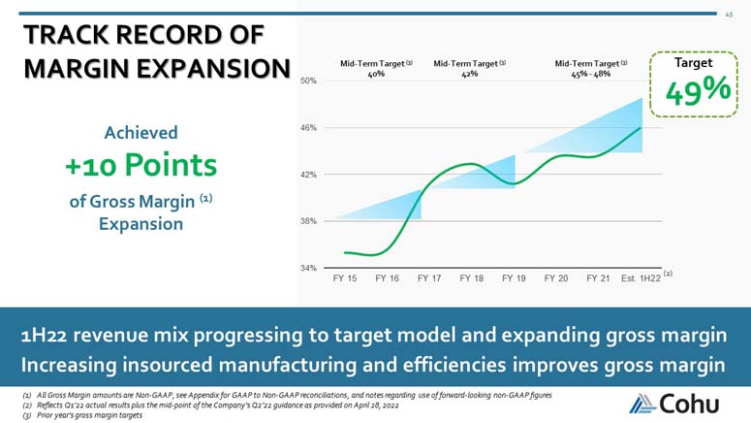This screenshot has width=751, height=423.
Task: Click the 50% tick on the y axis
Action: click(307, 81)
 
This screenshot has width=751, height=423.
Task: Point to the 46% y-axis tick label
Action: click(307, 128)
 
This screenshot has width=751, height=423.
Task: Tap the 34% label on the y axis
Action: click(307, 268)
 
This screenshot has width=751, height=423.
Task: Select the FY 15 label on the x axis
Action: click(345, 278)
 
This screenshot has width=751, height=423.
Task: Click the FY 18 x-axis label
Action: click(472, 278)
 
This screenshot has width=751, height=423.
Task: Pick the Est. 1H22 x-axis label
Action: click(641, 278)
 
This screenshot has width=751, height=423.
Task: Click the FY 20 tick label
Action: click(556, 278)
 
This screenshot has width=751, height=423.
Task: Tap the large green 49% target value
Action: click(698, 92)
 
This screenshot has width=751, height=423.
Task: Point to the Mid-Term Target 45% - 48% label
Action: click(590, 68)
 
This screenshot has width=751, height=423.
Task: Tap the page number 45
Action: click(729, 14)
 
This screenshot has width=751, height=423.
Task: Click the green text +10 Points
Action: click(141, 164)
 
